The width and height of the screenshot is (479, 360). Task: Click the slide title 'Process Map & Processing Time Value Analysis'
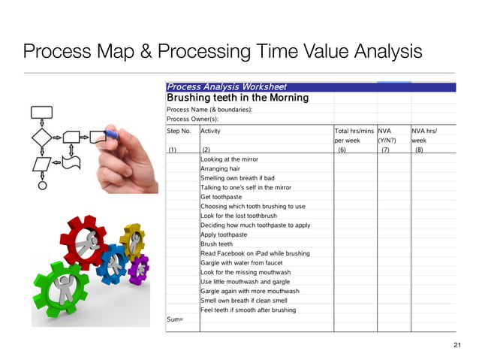pyautogui.click(x=222, y=52)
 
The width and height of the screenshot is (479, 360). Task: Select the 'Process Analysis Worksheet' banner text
pyautogui.click(x=226, y=87)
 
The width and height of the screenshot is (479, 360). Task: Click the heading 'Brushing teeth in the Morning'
pyautogui.click(x=237, y=98)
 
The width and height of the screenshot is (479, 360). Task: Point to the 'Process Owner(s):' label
pyautogui.click(x=193, y=119)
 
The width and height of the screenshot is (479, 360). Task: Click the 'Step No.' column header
pyautogui.click(x=179, y=130)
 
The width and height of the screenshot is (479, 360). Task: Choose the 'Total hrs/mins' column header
pyautogui.click(x=354, y=130)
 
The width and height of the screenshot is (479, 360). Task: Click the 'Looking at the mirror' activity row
pyautogui.click(x=229, y=159)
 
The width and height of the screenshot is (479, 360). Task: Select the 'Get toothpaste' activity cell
pyautogui.click(x=222, y=197)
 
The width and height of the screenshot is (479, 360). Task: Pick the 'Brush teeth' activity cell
pyautogui.click(x=216, y=244)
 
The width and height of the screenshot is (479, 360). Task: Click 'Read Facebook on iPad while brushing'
pyautogui.click(x=255, y=253)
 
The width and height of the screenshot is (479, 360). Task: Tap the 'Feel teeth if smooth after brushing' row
pyautogui.click(x=248, y=310)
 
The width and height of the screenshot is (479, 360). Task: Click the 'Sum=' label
pyautogui.click(x=175, y=319)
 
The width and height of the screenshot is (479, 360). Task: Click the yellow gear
pyautogui.click(x=133, y=239)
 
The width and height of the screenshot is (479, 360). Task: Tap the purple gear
pyautogui.click(x=138, y=267)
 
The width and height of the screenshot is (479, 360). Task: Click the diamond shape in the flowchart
pyautogui.click(x=41, y=138)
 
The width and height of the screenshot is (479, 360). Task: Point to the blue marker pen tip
pyautogui.click(x=113, y=136)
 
